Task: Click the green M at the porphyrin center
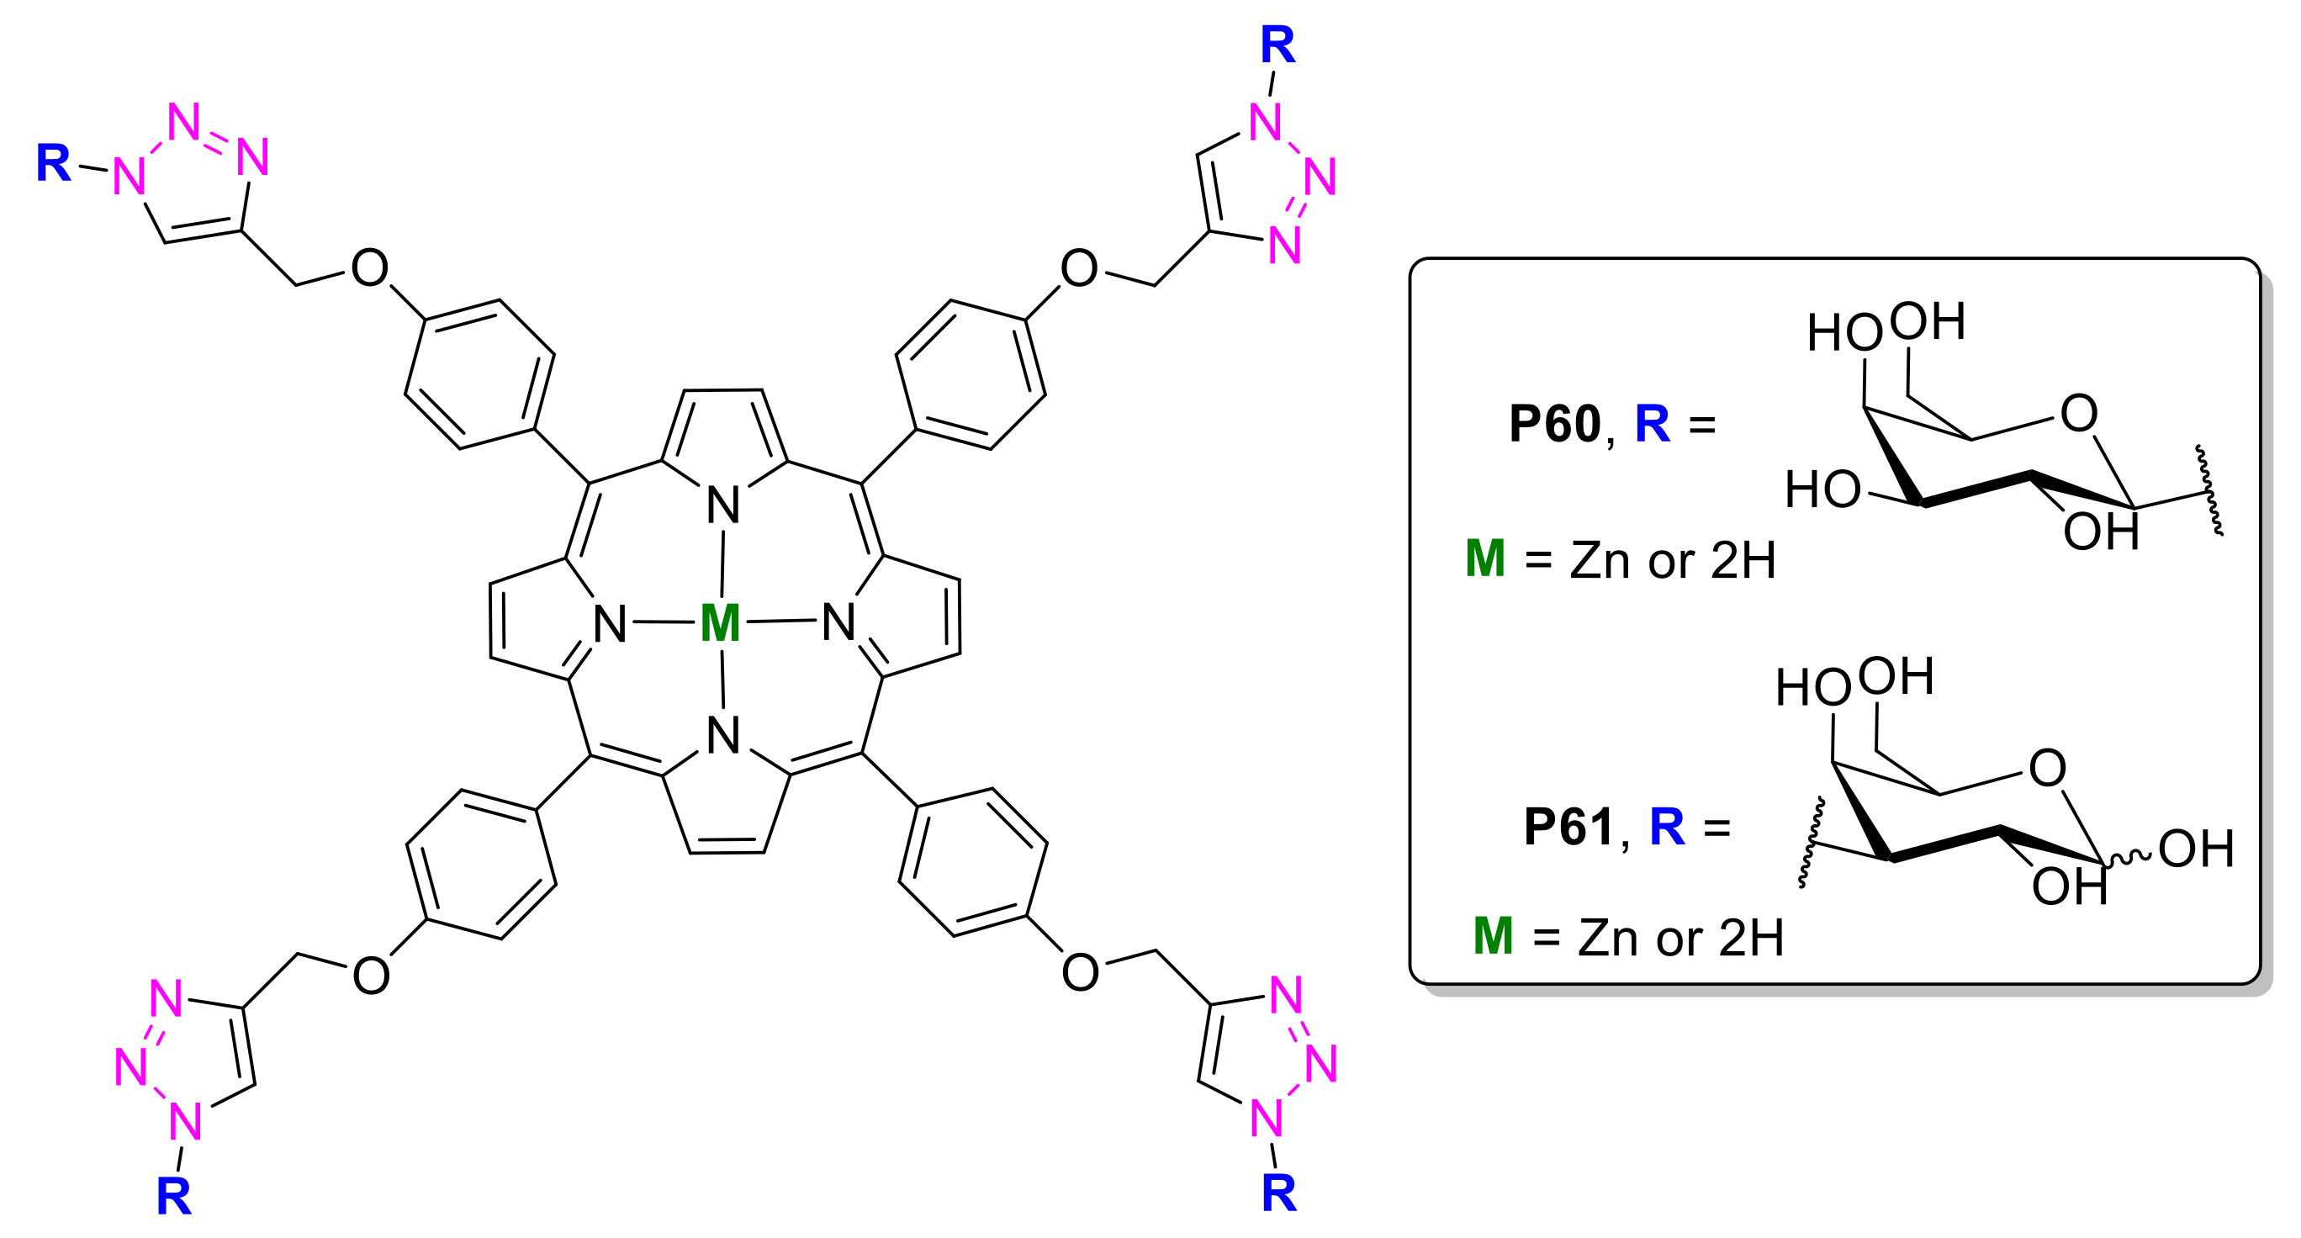click(x=720, y=622)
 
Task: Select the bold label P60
click(x=1555, y=423)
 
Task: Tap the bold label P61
click(x=1568, y=826)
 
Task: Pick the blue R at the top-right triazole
click(x=1277, y=44)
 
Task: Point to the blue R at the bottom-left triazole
click(x=173, y=1196)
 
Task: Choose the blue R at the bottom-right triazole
click(x=1278, y=1193)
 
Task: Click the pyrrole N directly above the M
click(x=722, y=505)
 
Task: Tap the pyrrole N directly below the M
click(x=722, y=735)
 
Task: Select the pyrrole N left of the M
click(x=610, y=623)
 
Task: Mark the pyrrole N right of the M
click(x=838, y=622)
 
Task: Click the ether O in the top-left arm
click(x=369, y=268)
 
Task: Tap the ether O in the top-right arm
click(x=1079, y=268)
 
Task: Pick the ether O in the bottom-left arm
click(x=371, y=976)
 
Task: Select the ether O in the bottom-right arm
click(x=1080, y=972)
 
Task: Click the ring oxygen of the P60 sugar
click(x=2079, y=413)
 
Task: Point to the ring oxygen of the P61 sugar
click(x=2047, y=767)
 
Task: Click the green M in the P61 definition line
click(x=1493, y=936)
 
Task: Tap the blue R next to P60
click(x=1652, y=423)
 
